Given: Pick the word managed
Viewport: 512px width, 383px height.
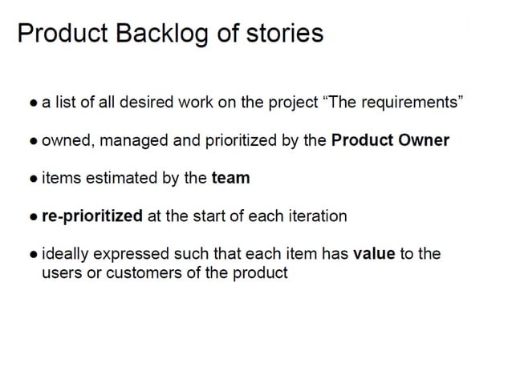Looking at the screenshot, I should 139,140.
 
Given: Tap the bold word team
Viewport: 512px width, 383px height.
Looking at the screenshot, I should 230,178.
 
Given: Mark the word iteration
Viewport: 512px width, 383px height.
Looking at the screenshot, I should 314,216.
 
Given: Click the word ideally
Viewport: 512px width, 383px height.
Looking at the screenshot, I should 66,254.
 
